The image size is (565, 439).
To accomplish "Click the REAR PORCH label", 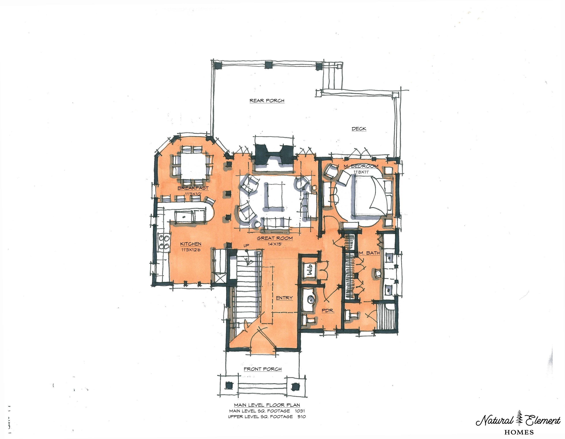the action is pyautogui.click(x=267, y=101).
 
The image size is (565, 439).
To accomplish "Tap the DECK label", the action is pyautogui.click(x=359, y=129).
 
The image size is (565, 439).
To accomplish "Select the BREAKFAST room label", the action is pyautogui.click(x=193, y=188).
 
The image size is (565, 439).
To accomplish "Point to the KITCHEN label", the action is pyautogui.click(x=191, y=244).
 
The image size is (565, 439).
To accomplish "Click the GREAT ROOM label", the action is pyautogui.click(x=275, y=238).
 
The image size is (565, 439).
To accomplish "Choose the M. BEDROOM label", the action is pyautogui.click(x=361, y=166).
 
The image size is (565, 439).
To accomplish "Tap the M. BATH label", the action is pyautogui.click(x=369, y=253).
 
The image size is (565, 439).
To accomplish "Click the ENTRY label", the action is pyautogui.click(x=284, y=298).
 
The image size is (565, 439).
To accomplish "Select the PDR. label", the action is pyautogui.click(x=328, y=310).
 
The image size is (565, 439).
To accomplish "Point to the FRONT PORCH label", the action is pyautogui.click(x=263, y=369).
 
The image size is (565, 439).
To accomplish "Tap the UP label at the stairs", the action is pyautogui.click(x=246, y=245).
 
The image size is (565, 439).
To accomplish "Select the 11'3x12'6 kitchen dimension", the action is pyautogui.click(x=191, y=250).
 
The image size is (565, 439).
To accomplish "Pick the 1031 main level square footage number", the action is pyautogui.click(x=300, y=411).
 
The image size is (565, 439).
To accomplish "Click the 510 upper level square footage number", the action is pyautogui.click(x=301, y=416).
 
